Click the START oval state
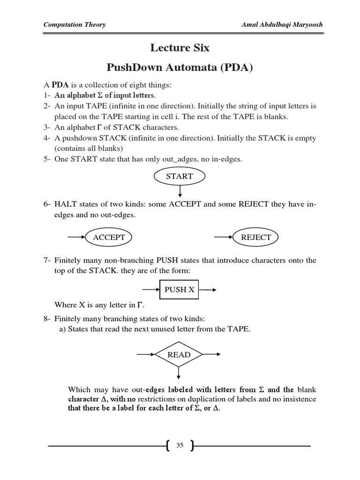click(x=180, y=176)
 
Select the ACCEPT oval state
click(x=109, y=237)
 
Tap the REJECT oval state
click(x=255, y=237)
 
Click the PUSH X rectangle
click(x=179, y=290)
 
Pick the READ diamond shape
click(x=179, y=355)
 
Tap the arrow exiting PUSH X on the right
click(x=207, y=290)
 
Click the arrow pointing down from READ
click(x=179, y=372)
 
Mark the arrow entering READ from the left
click(x=146, y=355)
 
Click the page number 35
click(x=180, y=446)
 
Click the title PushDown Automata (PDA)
click(x=180, y=67)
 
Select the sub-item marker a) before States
click(x=62, y=329)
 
